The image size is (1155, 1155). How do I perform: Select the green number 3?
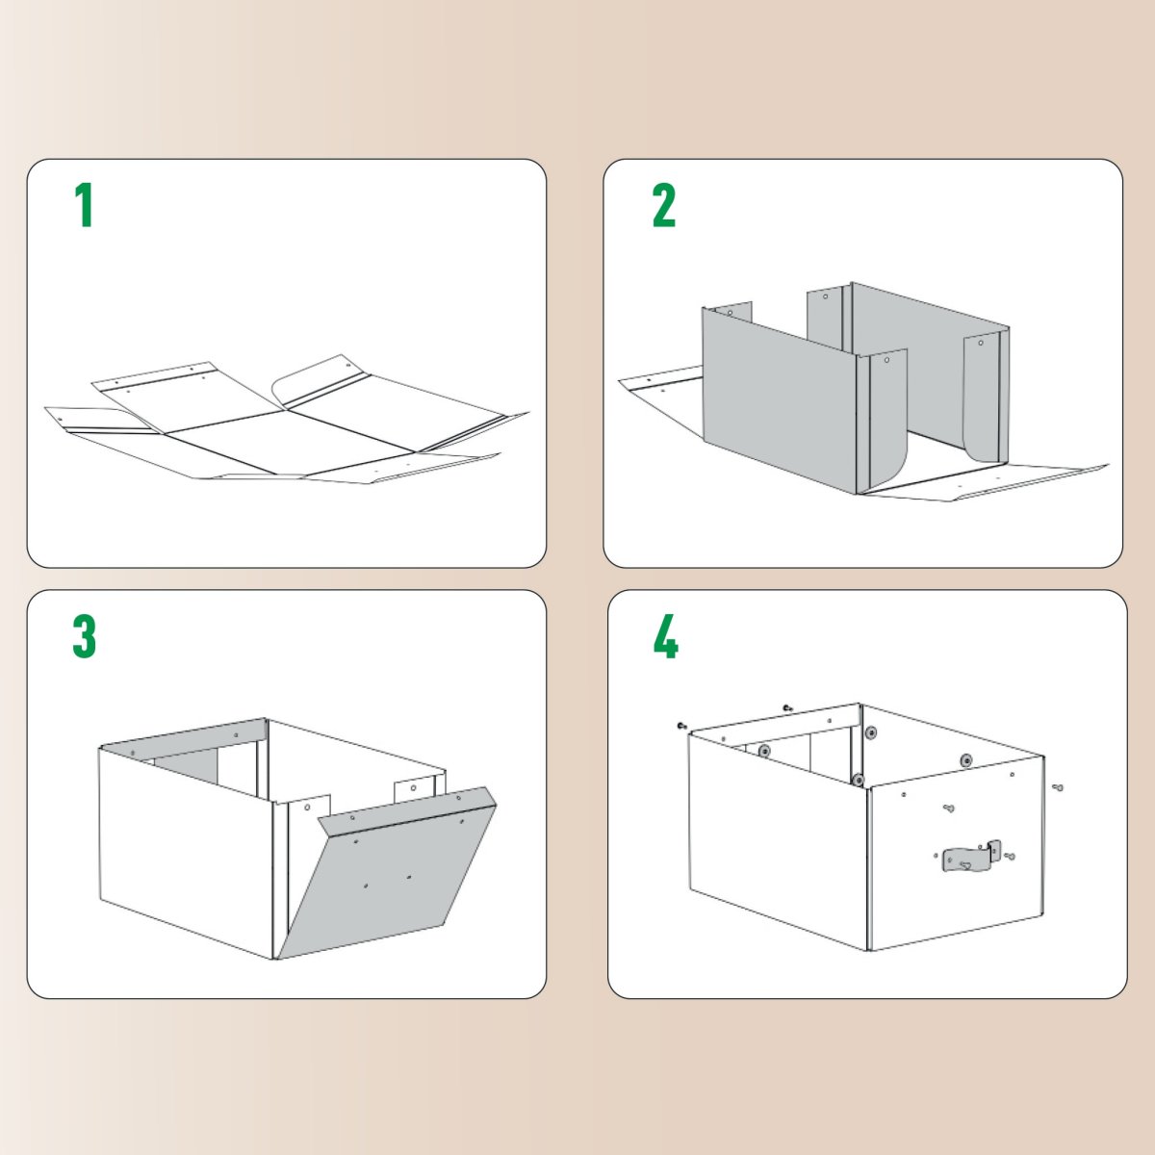(x=85, y=636)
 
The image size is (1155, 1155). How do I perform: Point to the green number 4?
(x=665, y=636)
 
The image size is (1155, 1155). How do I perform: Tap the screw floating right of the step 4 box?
(x=1058, y=787)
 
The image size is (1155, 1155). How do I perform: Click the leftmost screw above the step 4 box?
(x=681, y=725)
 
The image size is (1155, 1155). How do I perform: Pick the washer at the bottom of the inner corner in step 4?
(x=856, y=779)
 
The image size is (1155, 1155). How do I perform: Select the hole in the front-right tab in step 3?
(x=413, y=786)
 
